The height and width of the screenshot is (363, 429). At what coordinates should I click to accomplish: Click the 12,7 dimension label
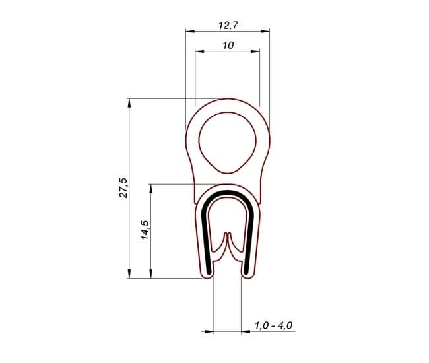228,25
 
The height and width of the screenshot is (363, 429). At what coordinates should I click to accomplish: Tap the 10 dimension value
228,45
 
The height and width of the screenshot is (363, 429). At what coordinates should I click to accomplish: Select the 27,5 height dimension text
123,187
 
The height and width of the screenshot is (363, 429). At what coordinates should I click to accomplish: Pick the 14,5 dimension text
145,230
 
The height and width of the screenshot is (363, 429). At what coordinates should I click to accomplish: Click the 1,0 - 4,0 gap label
273,325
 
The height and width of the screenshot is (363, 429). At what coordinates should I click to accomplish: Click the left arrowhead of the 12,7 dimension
190,31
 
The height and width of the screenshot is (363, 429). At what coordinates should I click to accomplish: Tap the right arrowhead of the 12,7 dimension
265,31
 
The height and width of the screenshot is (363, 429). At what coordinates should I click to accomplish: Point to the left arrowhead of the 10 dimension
199,51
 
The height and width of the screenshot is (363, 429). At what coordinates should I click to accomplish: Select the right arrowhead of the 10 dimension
255,51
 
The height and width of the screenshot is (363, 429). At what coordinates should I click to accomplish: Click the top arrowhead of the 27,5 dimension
129,103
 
